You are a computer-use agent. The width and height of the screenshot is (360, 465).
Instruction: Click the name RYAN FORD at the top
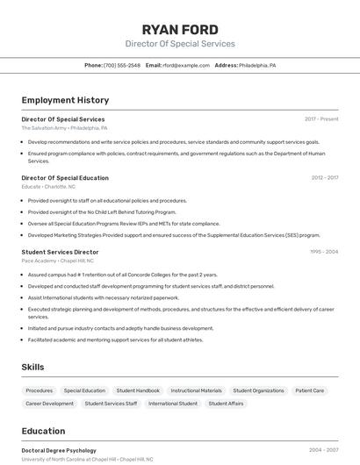(x=180, y=29)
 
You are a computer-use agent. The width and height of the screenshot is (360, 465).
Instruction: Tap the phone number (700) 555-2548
(x=122, y=65)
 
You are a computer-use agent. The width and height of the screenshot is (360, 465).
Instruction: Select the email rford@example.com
(x=186, y=65)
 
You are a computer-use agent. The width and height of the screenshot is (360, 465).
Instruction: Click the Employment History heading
(x=65, y=100)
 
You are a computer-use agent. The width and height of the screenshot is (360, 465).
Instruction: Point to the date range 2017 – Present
(x=321, y=118)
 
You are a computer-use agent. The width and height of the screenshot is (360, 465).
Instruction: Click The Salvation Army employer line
(x=65, y=127)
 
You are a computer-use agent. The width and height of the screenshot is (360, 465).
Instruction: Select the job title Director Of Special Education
(x=65, y=177)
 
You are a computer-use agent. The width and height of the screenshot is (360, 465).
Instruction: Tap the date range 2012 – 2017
(x=324, y=177)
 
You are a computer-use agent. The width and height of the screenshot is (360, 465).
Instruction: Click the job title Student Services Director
(x=60, y=252)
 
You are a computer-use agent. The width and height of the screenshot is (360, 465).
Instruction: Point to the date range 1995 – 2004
(x=323, y=252)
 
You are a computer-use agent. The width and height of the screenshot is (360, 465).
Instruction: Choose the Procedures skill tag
(x=40, y=390)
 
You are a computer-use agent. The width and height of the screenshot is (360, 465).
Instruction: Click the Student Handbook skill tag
(x=138, y=390)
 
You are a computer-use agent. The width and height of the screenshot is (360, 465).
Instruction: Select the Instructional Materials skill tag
(x=196, y=390)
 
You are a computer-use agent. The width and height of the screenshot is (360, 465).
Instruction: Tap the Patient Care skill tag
(x=309, y=390)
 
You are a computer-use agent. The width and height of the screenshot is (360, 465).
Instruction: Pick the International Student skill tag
(x=173, y=404)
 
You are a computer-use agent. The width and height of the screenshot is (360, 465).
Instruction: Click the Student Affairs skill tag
(x=226, y=404)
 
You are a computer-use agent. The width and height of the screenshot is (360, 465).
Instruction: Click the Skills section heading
(x=32, y=367)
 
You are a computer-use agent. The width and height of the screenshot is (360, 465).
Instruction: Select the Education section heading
(x=43, y=431)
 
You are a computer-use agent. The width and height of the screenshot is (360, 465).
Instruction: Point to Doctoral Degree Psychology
(x=59, y=450)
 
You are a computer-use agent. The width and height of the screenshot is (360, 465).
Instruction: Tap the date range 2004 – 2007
(x=323, y=450)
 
